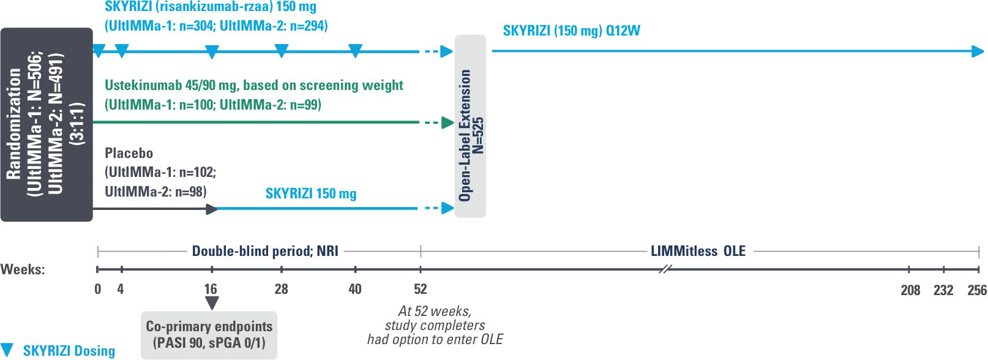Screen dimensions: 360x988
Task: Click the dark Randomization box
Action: (x=47, y=124)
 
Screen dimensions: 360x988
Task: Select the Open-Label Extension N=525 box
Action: (x=470, y=126)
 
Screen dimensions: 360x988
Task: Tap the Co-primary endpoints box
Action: (x=209, y=334)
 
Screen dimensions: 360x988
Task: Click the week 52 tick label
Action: (x=421, y=289)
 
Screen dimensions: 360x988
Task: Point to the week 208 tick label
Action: (x=910, y=290)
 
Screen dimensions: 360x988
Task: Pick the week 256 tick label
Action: (x=976, y=290)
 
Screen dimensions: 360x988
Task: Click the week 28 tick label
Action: (x=281, y=289)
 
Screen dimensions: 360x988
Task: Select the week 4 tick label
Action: (x=121, y=289)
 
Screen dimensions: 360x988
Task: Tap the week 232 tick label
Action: (x=943, y=290)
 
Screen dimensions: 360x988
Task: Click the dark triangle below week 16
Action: (x=212, y=303)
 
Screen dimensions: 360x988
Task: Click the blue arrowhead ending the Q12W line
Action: (x=978, y=51)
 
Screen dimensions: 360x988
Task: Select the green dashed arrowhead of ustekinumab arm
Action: (x=447, y=123)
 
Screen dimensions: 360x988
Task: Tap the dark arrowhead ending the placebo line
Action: (x=212, y=209)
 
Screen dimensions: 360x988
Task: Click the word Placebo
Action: (x=129, y=153)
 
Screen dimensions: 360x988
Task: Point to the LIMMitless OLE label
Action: (x=698, y=251)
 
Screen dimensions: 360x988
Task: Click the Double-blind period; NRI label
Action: (x=265, y=251)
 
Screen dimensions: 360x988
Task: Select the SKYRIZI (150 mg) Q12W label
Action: (x=571, y=31)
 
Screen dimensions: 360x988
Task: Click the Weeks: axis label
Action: (x=23, y=269)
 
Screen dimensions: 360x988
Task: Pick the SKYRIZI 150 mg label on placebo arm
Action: (x=311, y=193)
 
